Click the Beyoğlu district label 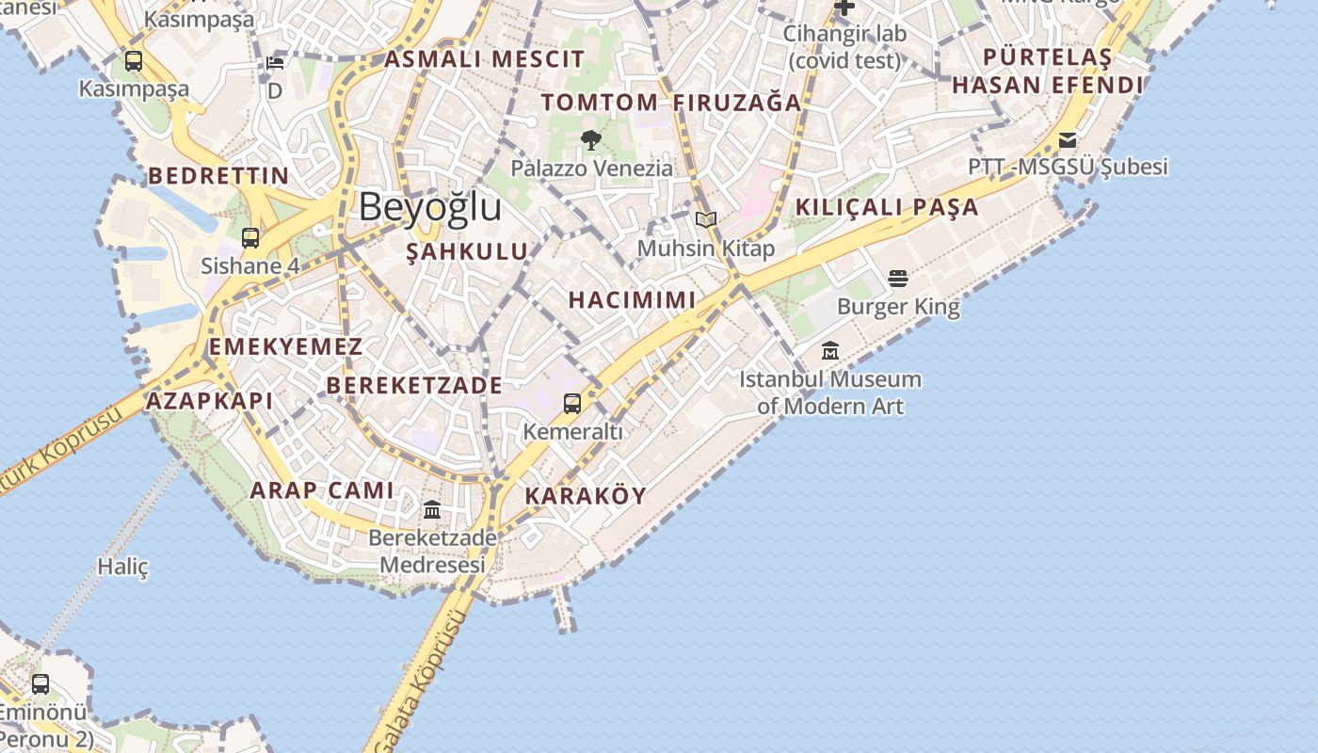pos(429,206)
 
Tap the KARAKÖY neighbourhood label pos(586,495)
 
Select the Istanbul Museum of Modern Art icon pos(830,351)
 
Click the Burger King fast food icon pos(898,279)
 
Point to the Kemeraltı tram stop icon pos(572,404)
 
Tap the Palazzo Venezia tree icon pos(591,140)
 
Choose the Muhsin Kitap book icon pos(706,220)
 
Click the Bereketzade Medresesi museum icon pos(432,510)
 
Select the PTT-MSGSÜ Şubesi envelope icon pos(1068,140)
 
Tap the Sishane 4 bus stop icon pos(250,237)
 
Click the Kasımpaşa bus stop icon pos(134,61)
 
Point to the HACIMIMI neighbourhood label pos(632,300)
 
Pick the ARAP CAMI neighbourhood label pos(322,489)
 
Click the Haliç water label pos(123,567)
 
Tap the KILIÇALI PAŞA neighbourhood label pos(887,207)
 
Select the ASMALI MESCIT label pos(485,59)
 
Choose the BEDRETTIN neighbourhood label pos(218,176)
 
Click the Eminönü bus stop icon pos(40,683)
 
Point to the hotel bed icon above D pos(275,62)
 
